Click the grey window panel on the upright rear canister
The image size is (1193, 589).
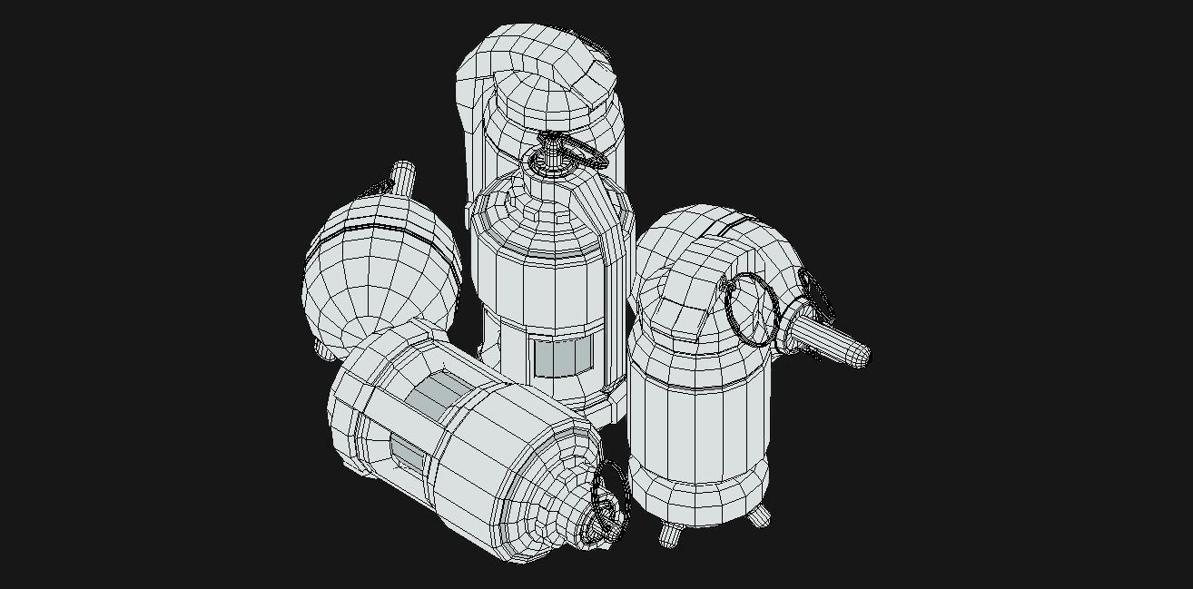click(562, 358)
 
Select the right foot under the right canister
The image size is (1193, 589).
click(757, 515)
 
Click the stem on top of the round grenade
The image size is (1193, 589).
click(402, 178)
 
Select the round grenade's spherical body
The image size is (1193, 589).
click(372, 281)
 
